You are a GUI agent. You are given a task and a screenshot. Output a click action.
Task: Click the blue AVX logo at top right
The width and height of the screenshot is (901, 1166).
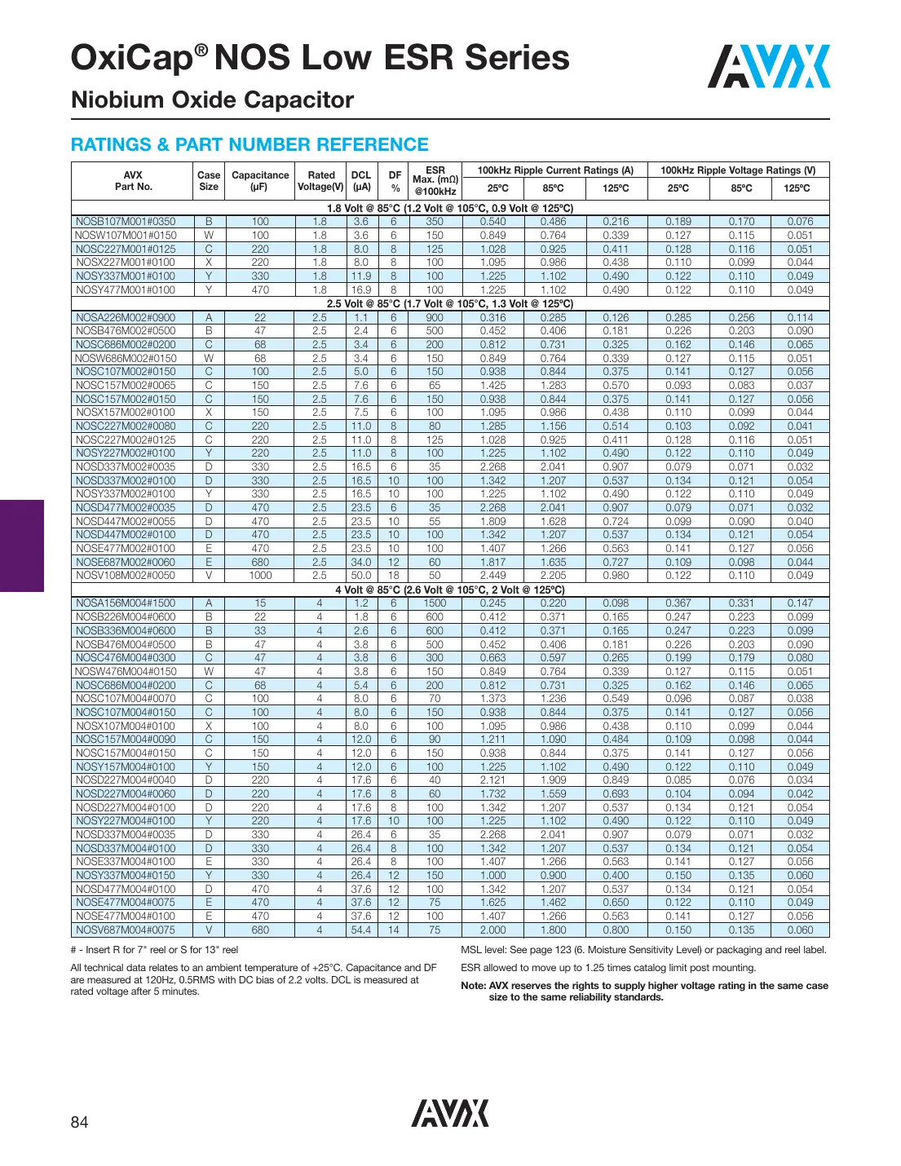point(768,67)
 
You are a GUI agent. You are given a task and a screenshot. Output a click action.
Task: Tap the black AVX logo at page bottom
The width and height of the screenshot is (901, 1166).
point(450,1113)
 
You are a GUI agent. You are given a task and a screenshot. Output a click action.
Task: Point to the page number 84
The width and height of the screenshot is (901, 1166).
point(79,1123)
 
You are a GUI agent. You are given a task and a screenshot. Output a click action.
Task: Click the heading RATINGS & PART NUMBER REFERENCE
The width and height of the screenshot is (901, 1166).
point(250,145)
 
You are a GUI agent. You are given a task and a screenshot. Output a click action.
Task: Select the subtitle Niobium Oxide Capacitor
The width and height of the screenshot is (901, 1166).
point(212,100)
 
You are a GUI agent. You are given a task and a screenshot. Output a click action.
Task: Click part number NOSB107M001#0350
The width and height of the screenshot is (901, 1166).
point(126,222)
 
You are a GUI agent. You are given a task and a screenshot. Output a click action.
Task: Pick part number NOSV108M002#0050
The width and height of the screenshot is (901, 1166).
point(126,576)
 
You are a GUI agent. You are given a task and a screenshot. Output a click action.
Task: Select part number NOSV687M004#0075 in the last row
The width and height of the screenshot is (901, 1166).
point(126,930)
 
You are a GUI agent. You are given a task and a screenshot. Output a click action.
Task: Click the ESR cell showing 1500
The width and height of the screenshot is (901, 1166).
point(435,603)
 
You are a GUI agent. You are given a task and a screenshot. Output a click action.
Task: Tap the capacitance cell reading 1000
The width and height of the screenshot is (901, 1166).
point(260,576)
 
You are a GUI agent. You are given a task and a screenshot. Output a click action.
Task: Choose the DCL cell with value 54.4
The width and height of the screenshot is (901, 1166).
point(361,930)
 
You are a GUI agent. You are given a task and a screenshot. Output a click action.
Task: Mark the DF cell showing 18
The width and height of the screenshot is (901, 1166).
point(394,576)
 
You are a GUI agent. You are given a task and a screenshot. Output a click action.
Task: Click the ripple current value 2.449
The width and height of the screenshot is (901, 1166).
point(492,576)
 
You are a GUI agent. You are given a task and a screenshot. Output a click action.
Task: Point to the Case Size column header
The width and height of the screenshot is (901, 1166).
point(209,181)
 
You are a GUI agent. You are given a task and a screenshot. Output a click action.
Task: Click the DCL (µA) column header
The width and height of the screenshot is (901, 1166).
point(361,181)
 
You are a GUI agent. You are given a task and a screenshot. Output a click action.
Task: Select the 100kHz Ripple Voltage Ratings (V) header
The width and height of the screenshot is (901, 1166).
point(738,170)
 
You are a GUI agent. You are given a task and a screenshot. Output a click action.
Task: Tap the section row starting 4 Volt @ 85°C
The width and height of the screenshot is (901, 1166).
point(450,590)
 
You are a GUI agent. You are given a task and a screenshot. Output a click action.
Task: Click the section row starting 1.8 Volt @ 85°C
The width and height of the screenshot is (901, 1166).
point(450,208)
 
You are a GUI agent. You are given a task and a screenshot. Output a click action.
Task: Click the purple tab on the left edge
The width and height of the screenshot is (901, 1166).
point(21,545)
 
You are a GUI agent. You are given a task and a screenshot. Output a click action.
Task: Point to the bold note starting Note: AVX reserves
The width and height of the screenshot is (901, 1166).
point(644,992)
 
